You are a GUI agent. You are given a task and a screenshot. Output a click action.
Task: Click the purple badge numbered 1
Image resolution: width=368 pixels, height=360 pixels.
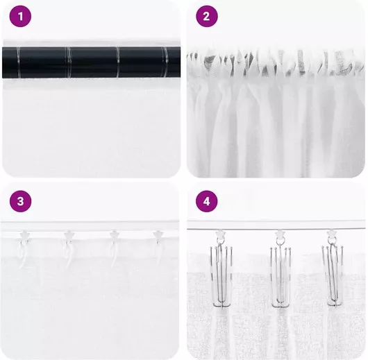point(20,17)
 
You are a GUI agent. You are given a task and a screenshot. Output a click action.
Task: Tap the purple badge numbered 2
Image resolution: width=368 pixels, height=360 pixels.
point(207,17)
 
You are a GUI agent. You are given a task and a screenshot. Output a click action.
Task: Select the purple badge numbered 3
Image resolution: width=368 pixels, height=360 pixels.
point(20,201)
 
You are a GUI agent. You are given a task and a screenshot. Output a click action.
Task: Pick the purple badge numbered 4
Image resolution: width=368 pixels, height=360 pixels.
point(207,201)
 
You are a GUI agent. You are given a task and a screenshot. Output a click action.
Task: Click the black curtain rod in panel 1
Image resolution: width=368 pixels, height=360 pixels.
point(91,62)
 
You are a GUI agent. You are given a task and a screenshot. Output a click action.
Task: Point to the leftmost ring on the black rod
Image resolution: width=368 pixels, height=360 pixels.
point(19,62)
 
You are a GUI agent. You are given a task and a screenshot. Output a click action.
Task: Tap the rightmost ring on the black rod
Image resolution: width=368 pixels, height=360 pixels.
point(166,62)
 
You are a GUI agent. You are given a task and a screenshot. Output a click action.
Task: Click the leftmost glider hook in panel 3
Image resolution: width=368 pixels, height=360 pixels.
point(24,237)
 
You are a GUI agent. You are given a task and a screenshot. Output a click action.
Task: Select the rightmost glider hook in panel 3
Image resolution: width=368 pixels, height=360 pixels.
point(158,237)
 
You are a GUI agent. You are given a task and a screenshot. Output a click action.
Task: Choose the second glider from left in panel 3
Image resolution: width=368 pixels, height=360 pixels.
point(69,237)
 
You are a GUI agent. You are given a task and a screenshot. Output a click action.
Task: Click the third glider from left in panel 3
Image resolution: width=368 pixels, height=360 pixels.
point(114,237)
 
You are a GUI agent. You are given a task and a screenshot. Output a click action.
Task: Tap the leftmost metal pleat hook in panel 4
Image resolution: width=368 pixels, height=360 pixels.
point(221,275)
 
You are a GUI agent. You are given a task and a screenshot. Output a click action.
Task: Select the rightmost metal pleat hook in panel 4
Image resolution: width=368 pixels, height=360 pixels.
point(334,275)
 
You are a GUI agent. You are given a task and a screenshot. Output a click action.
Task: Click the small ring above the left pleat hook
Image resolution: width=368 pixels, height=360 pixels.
point(220,240)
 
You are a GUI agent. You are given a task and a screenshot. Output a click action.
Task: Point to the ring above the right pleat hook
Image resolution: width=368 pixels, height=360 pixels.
point(333,240)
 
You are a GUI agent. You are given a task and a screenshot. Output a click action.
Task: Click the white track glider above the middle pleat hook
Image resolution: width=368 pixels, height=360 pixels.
point(280,233)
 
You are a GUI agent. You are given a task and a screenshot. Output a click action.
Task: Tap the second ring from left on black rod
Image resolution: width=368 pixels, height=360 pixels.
point(69,62)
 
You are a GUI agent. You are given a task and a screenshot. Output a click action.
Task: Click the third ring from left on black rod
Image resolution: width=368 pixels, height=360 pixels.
point(117,62)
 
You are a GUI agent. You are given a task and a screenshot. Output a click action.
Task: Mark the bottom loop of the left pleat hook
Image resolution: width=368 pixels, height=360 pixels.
point(222,305)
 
